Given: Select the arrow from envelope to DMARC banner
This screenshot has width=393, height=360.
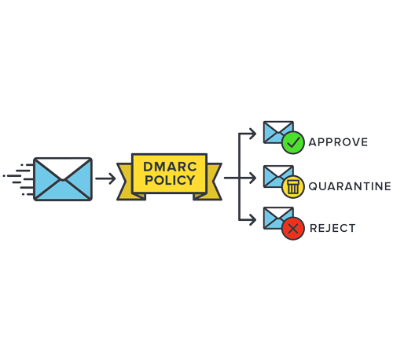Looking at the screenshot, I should pyautogui.click(x=105, y=178).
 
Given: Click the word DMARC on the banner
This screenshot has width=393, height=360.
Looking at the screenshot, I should pyautogui.click(x=169, y=167).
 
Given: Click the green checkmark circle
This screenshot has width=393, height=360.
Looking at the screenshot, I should pyautogui.click(x=292, y=143).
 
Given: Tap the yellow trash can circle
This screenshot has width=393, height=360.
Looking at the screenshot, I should pyautogui.click(x=292, y=187).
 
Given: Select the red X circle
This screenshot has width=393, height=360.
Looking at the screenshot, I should pyautogui.click(x=292, y=230).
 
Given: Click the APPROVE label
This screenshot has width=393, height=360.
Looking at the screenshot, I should pyautogui.click(x=338, y=142).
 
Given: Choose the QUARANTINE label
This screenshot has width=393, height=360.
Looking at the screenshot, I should pyautogui.click(x=349, y=186).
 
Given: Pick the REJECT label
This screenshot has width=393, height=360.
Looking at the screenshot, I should pyautogui.click(x=332, y=229).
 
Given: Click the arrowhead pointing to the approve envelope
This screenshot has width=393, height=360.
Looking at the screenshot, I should pyautogui.click(x=252, y=134).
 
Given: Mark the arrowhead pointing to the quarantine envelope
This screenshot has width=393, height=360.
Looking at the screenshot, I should pyautogui.click(x=252, y=178).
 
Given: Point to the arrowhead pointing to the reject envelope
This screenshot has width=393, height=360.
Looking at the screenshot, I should pyautogui.click(x=252, y=222).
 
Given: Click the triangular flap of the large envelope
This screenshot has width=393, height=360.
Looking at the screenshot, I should pyautogui.click(x=63, y=168).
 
